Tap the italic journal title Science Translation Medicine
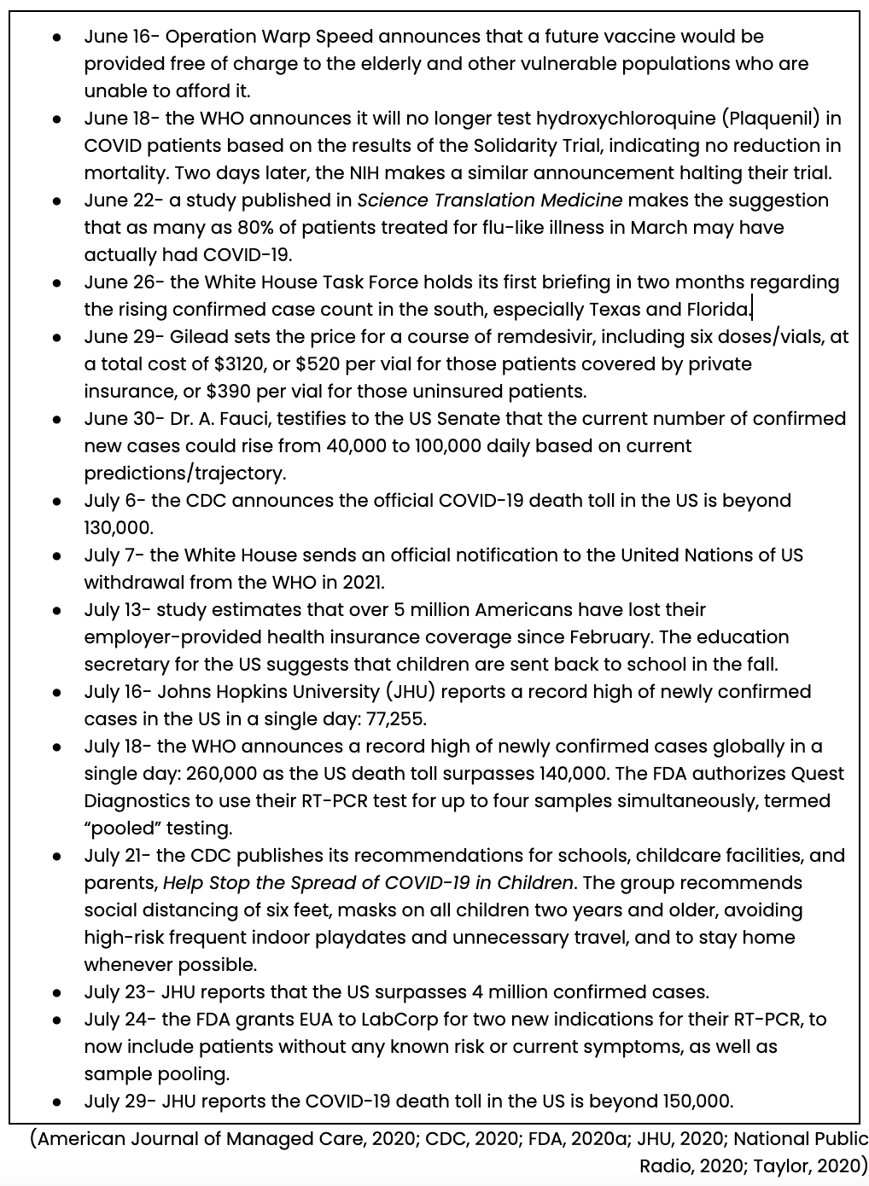pyautogui.click(x=489, y=201)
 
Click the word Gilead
pyautogui.click(x=190, y=337)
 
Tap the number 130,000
pyautogui.click(x=118, y=528)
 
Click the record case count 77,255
pyautogui.click(x=396, y=719)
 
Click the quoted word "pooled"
pyautogui.click(x=116, y=828)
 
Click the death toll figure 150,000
pyautogui.click(x=691, y=1102)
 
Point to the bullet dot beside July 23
pyautogui.click(x=57, y=993)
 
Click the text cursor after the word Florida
pyautogui.click(x=752, y=309)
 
